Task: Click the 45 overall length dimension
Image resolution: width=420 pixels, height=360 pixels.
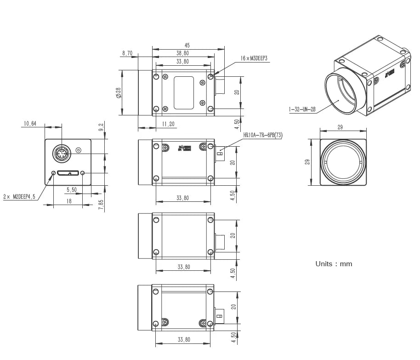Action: [x=187, y=46]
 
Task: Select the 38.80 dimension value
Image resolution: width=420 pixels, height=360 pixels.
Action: [x=182, y=53]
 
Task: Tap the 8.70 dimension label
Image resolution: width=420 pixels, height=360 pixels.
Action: [x=127, y=53]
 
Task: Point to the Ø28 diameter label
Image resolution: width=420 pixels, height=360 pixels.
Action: [x=118, y=93]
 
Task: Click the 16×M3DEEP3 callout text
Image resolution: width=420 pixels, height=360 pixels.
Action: [x=253, y=59]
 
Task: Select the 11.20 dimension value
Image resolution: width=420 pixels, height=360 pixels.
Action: [x=168, y=124]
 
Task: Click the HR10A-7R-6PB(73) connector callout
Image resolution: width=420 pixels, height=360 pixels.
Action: [x=263, y=135]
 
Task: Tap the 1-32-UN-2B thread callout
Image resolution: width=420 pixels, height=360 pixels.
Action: [x=302, y=109]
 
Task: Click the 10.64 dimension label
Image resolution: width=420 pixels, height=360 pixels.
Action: [x=30, y=123]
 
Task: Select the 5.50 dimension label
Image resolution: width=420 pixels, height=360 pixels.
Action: [x=72, y=189]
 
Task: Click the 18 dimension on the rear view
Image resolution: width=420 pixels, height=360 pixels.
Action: [x=69, y=201]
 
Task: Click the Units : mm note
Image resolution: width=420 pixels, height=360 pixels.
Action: [x=334, y=264]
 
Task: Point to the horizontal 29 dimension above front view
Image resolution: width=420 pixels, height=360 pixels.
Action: [x=340, y=127]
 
